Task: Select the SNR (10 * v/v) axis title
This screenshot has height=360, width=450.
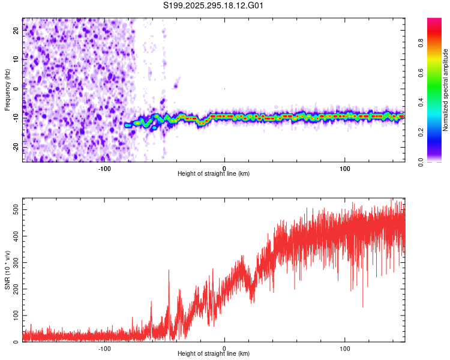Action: click(x=7, y=269)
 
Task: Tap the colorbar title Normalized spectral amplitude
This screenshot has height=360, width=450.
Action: click(x=445, y=90)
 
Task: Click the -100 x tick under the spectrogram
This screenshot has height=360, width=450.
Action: click(x=104, y=167)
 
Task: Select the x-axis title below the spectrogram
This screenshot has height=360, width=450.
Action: click(x=214, y=174)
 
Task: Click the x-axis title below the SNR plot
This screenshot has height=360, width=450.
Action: click(x=214, y=355)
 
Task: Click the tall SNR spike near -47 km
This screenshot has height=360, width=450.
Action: click(x=169, y=272)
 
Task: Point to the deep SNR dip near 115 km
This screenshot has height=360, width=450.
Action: click(x=362, y=306)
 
